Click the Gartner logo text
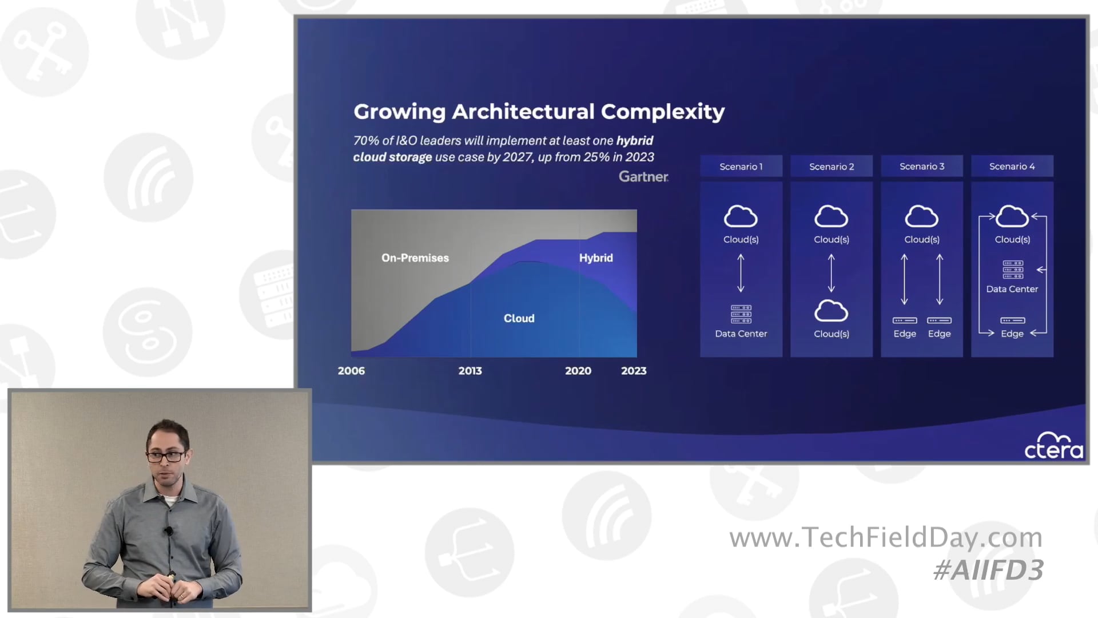coord(643,177)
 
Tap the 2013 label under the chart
coord(470,371)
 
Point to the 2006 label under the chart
coord(351,371)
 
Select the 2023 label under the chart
coord(634,371)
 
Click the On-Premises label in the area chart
coord(415,258)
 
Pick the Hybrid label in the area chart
coord(596,258)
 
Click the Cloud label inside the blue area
coord(519,318)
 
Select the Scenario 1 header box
coord(741,167)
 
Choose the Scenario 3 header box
coord(922,167)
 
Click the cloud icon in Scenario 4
coord(1012,217)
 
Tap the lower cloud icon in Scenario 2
coord(831,311)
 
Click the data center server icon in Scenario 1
coord(741,314)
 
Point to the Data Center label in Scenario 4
coord(1012,289)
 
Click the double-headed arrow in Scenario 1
coord(741,274)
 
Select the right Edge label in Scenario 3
coord(939,334)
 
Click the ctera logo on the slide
coord(1054,446)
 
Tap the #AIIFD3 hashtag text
coord(988,570)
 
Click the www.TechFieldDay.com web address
coord(886,538)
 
